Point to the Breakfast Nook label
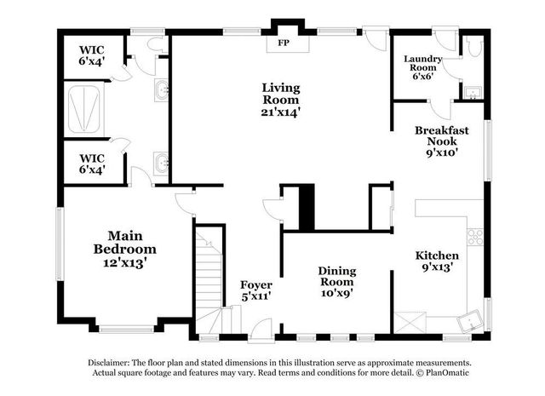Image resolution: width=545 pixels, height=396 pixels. click(x=437, y=142)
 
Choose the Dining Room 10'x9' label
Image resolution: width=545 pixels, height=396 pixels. click(x=336, y=282)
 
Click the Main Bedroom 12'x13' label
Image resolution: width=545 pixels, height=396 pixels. click(x=124, y=249)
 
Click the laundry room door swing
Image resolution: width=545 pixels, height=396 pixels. click(x=440, y=109)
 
